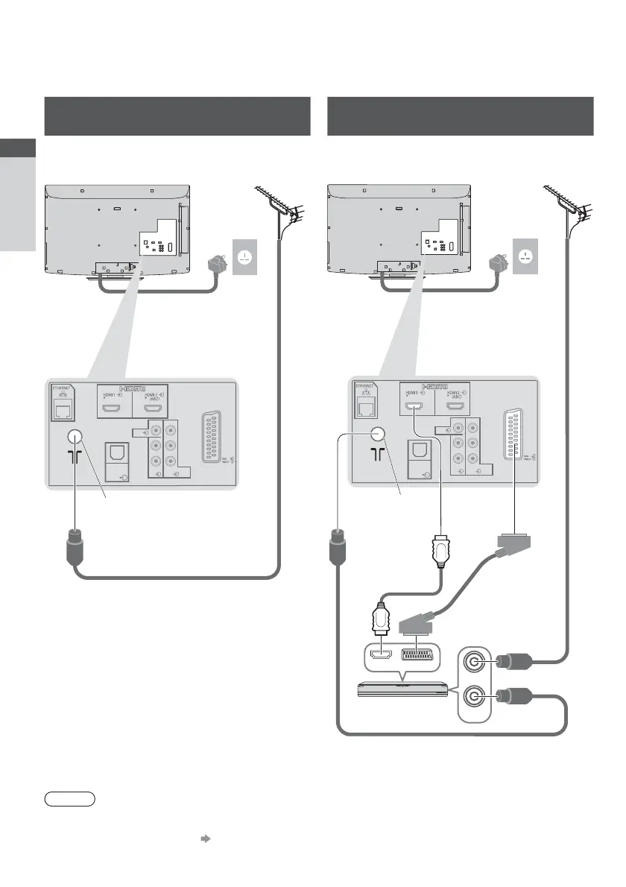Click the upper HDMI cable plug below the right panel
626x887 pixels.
click(x=440, y=552)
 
